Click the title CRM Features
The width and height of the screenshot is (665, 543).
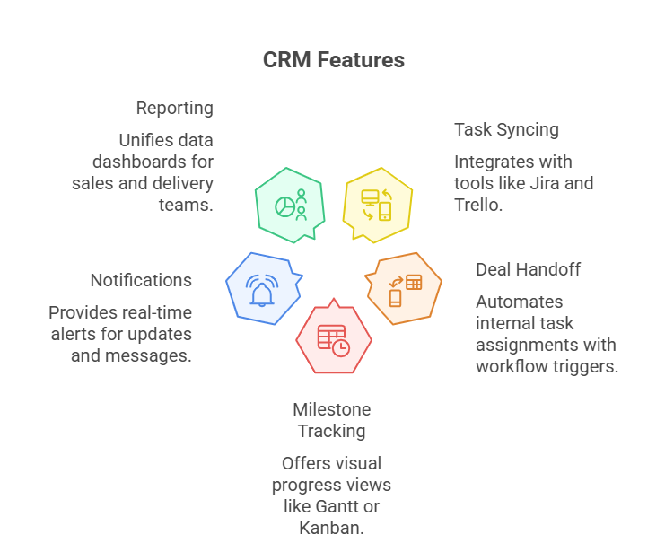coord(333,60)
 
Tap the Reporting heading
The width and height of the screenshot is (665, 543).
coord(174,108)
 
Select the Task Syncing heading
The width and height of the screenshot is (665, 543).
coord(506,129)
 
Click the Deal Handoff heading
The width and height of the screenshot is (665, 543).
coord(528,269)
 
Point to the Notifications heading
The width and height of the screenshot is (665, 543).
coord(141,280)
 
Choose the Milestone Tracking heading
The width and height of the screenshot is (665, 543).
coord(331,420)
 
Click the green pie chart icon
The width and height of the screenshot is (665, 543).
coord(285,206)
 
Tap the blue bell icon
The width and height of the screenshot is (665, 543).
coord(262,289)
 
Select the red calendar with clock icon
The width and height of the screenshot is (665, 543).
coord(332,339)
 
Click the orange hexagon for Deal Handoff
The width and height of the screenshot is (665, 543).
coord(404,288)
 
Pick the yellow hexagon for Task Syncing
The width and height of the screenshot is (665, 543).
coord(378,204)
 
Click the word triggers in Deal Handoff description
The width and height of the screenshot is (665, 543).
coord(588,366)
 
